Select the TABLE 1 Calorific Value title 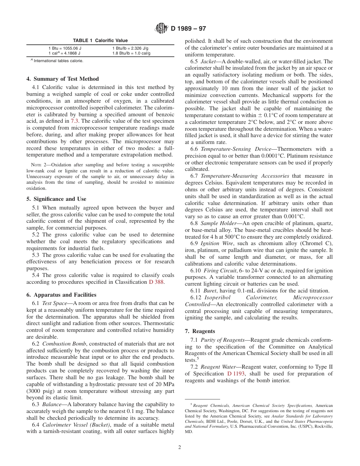pyautogui.click(x=100, y=41)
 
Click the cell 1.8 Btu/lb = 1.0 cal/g pyautogui.click(x=131, y=53)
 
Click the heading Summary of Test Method pyautogui.click(x=66, y=79)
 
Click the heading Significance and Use pyautogui.click(x=60, y=199)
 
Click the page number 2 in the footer pyautogui.click(x=180, y=447)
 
